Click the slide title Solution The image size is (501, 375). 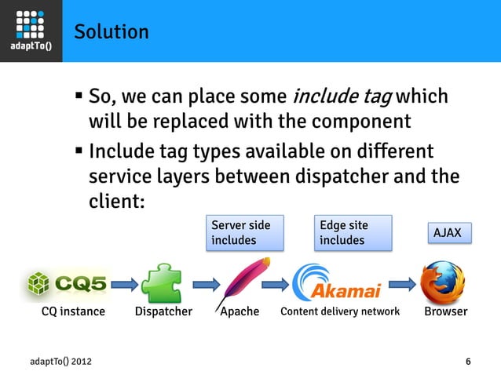pos(111,32)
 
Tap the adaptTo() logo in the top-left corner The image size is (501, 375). pos(31,31)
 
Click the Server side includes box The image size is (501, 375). pos(244,233)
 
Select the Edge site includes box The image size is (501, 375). pos(353,233)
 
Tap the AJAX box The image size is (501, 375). pos(449,233)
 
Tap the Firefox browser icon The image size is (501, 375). pos(442,282)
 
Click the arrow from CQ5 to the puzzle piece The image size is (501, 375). pos(123,282)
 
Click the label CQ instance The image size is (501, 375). pos(72,311)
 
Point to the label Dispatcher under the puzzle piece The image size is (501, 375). pos(163,311)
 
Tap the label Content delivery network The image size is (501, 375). pos(339,311)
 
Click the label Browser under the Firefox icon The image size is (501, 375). pos(445,311)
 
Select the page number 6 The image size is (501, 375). pos(468,361)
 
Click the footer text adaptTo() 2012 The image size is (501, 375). pos(62,361)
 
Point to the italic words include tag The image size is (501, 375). pos(342,98)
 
